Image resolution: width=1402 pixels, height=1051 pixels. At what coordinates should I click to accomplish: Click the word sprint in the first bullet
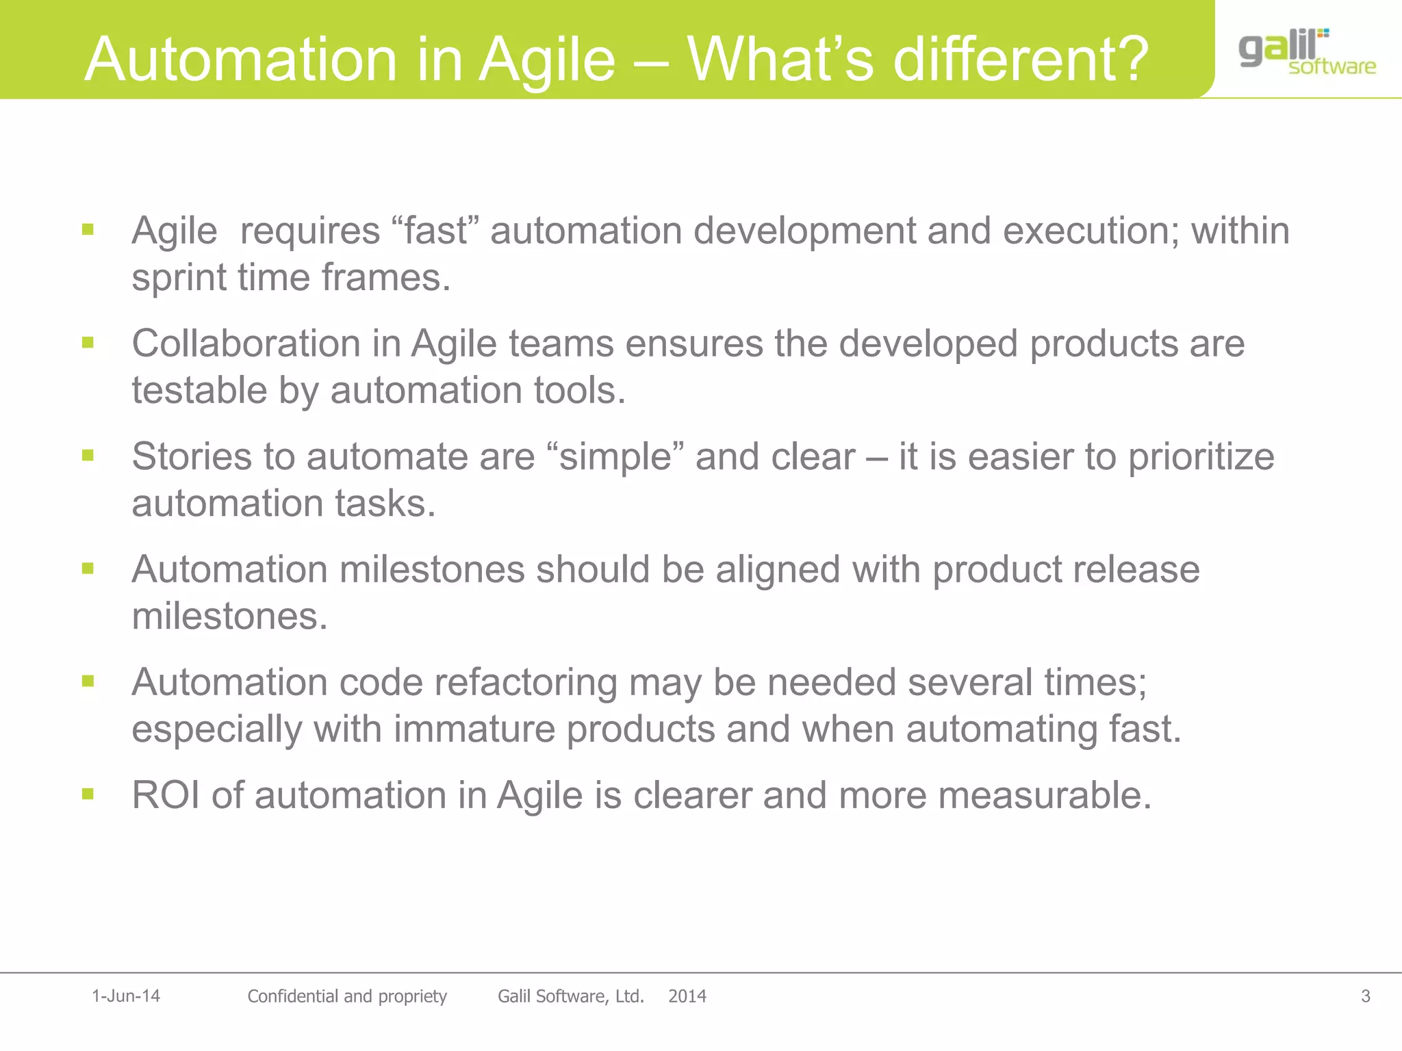click(178, 278)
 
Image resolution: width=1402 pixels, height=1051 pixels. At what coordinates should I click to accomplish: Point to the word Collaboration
click(246, 343)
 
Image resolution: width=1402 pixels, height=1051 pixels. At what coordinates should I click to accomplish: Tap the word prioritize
click(1201, 457)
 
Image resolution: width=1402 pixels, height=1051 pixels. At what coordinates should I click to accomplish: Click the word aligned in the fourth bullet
click(778, 569)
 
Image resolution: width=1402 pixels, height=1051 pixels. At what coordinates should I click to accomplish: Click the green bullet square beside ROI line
click(88, 794)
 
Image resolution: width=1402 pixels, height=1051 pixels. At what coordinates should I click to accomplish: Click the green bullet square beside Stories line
click(88, 455)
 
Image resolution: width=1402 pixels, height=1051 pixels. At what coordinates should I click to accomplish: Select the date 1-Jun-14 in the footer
click(126, 996)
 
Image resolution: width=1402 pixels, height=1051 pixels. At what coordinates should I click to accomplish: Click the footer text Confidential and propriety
click(346, 996)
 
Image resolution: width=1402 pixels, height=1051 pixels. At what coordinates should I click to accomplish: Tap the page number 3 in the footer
click(1365, 996)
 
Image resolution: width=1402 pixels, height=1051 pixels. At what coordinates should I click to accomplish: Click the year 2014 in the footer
click(687, 996)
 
